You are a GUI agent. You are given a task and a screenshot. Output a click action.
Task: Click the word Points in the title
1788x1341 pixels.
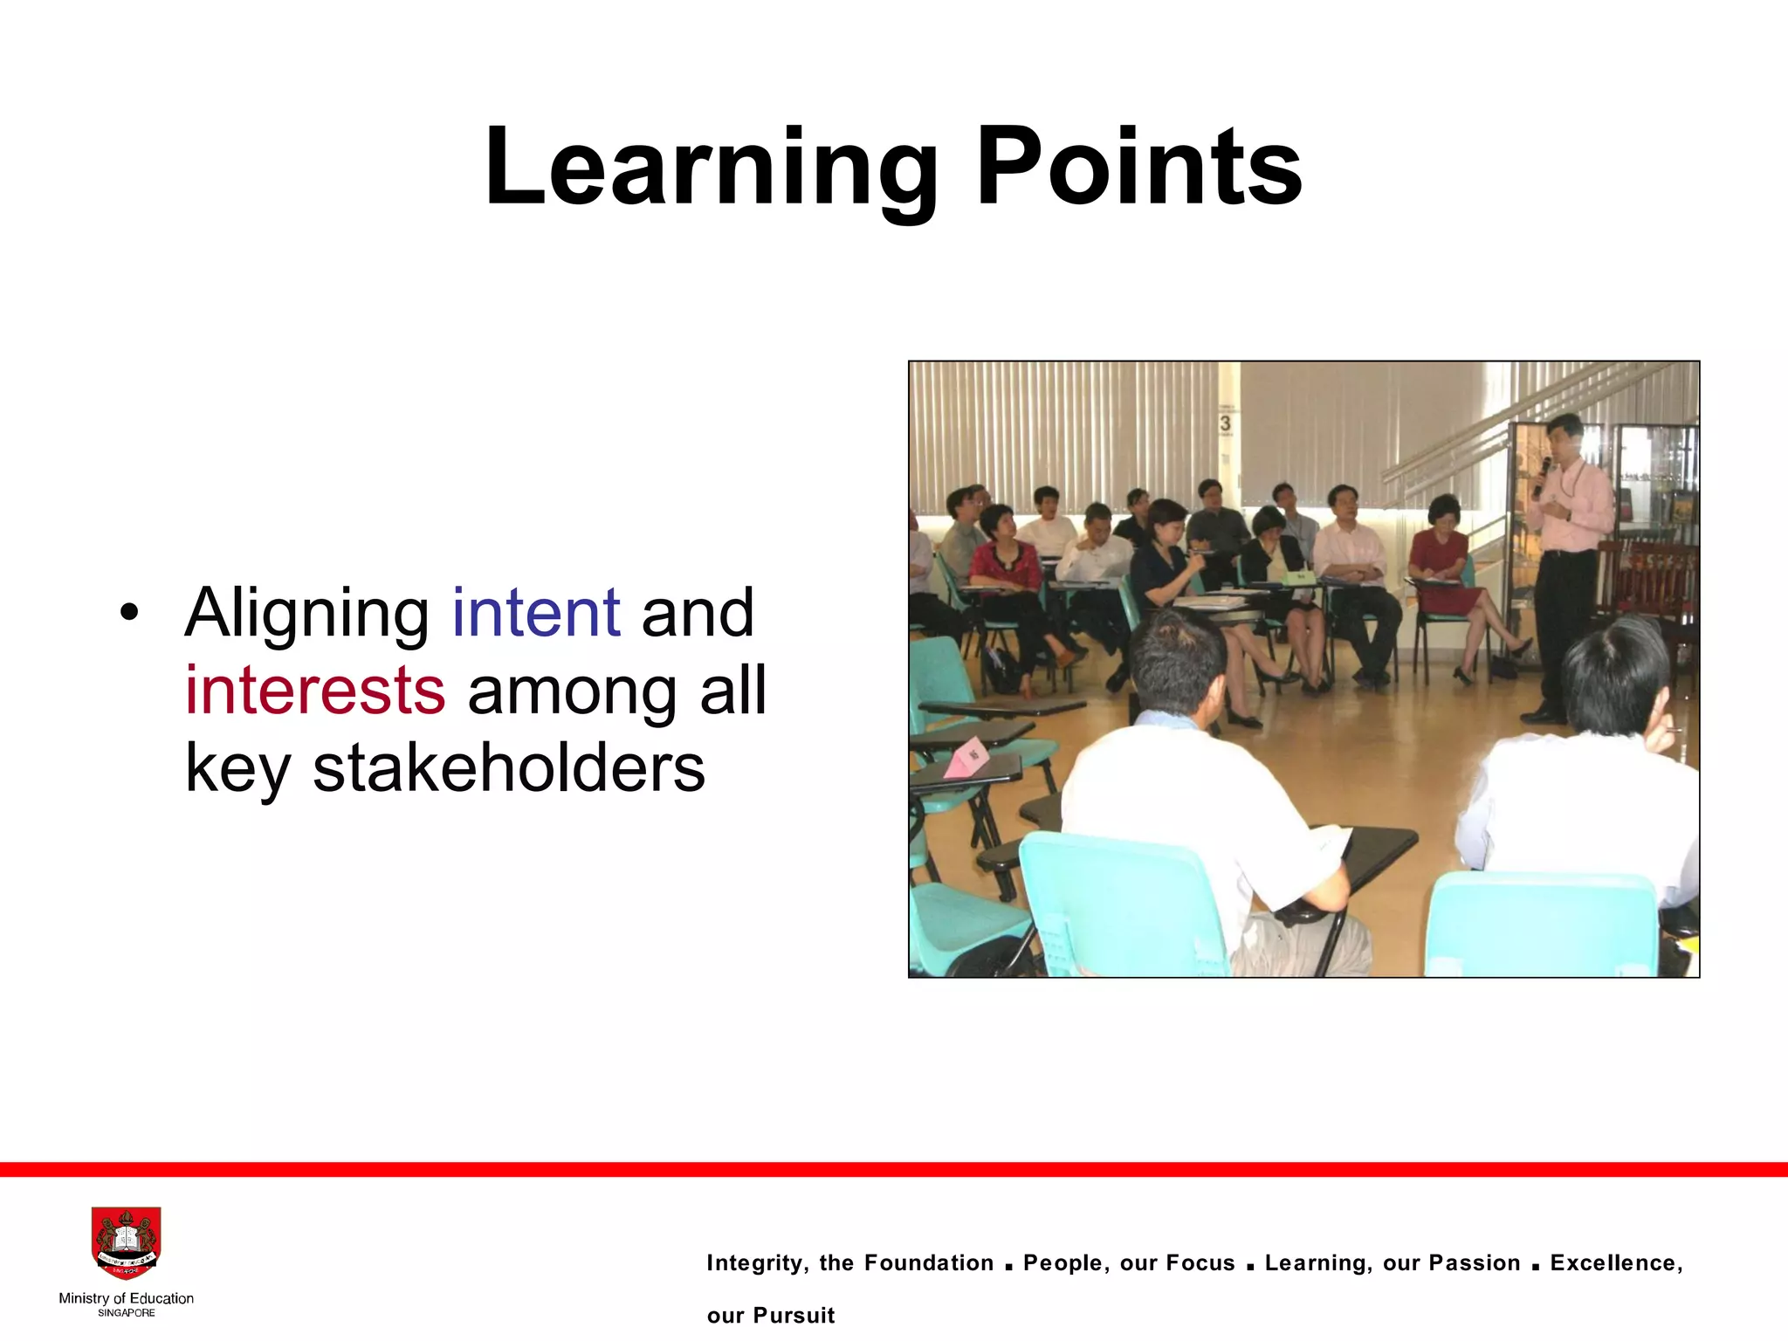(x=1138, y=168)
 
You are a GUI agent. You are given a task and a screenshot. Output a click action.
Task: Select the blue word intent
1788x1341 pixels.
(x=536, y=613)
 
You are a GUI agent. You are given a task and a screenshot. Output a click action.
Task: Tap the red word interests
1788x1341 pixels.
(x=315, y=691)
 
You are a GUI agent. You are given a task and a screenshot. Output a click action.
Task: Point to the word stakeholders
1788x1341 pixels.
(x=509, y=768)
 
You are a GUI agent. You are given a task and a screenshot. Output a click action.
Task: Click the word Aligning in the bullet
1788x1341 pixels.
(x=306, y=615)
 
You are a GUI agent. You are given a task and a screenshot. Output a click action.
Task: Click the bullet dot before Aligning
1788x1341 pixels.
(x=129, y=612)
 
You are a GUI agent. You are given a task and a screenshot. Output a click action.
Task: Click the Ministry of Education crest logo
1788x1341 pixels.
(x=127, y=1243)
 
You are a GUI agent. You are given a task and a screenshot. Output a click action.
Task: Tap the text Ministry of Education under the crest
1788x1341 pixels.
(x=127, y=1298)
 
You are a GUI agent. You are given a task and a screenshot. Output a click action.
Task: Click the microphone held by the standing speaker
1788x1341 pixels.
(x=1543, y=472)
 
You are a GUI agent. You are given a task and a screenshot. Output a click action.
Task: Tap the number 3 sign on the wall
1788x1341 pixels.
(x=1226, y=423)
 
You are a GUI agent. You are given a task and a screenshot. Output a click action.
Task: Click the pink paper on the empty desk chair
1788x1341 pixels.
(x=967, y=756)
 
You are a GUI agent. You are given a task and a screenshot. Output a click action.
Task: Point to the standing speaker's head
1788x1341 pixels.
(x=1563, y=434)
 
